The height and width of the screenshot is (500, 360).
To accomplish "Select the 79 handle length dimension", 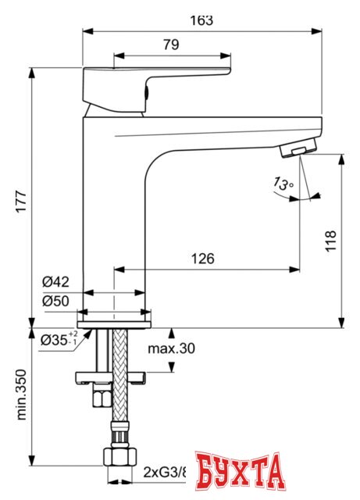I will tap(171, 45).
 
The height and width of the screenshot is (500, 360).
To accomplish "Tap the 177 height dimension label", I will tap(20, 205).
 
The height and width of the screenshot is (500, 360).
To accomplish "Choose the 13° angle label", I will tap(282, 184).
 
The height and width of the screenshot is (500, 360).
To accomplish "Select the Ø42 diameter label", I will tap(55, 282).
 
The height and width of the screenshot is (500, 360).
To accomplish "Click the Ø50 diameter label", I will tap(55, 301).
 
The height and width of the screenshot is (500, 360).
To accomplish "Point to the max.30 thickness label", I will tap(171, 348).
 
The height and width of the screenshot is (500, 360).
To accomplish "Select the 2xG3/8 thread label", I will tap(165, 471).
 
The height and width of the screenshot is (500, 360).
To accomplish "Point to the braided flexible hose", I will tap(119, 375).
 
